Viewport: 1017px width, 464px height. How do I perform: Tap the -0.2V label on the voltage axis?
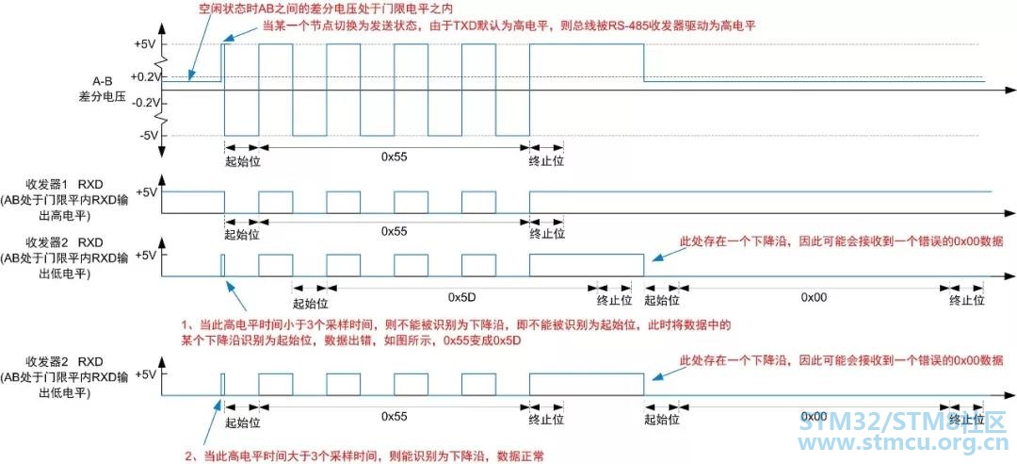pyautogui.click(x=145, y=103)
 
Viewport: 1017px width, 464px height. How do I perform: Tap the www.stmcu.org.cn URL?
pyautogui.click(x=903, y=444)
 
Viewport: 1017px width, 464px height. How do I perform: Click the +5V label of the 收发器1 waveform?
pyautogui.click(x=146, y=192)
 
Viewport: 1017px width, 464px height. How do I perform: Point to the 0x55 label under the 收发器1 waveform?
pyautogui.click(x=394, y=231)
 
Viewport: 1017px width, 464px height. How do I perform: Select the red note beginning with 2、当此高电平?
pyautogui.click(x=369, y=456)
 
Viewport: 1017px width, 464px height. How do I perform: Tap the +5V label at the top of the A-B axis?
pyautogui.click(x=146, y=44)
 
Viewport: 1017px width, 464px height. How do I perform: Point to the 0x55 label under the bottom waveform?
pyautogui.click(x=394, y=415)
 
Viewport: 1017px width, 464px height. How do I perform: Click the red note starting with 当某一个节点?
pyautogui.click(x=509, y=26)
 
